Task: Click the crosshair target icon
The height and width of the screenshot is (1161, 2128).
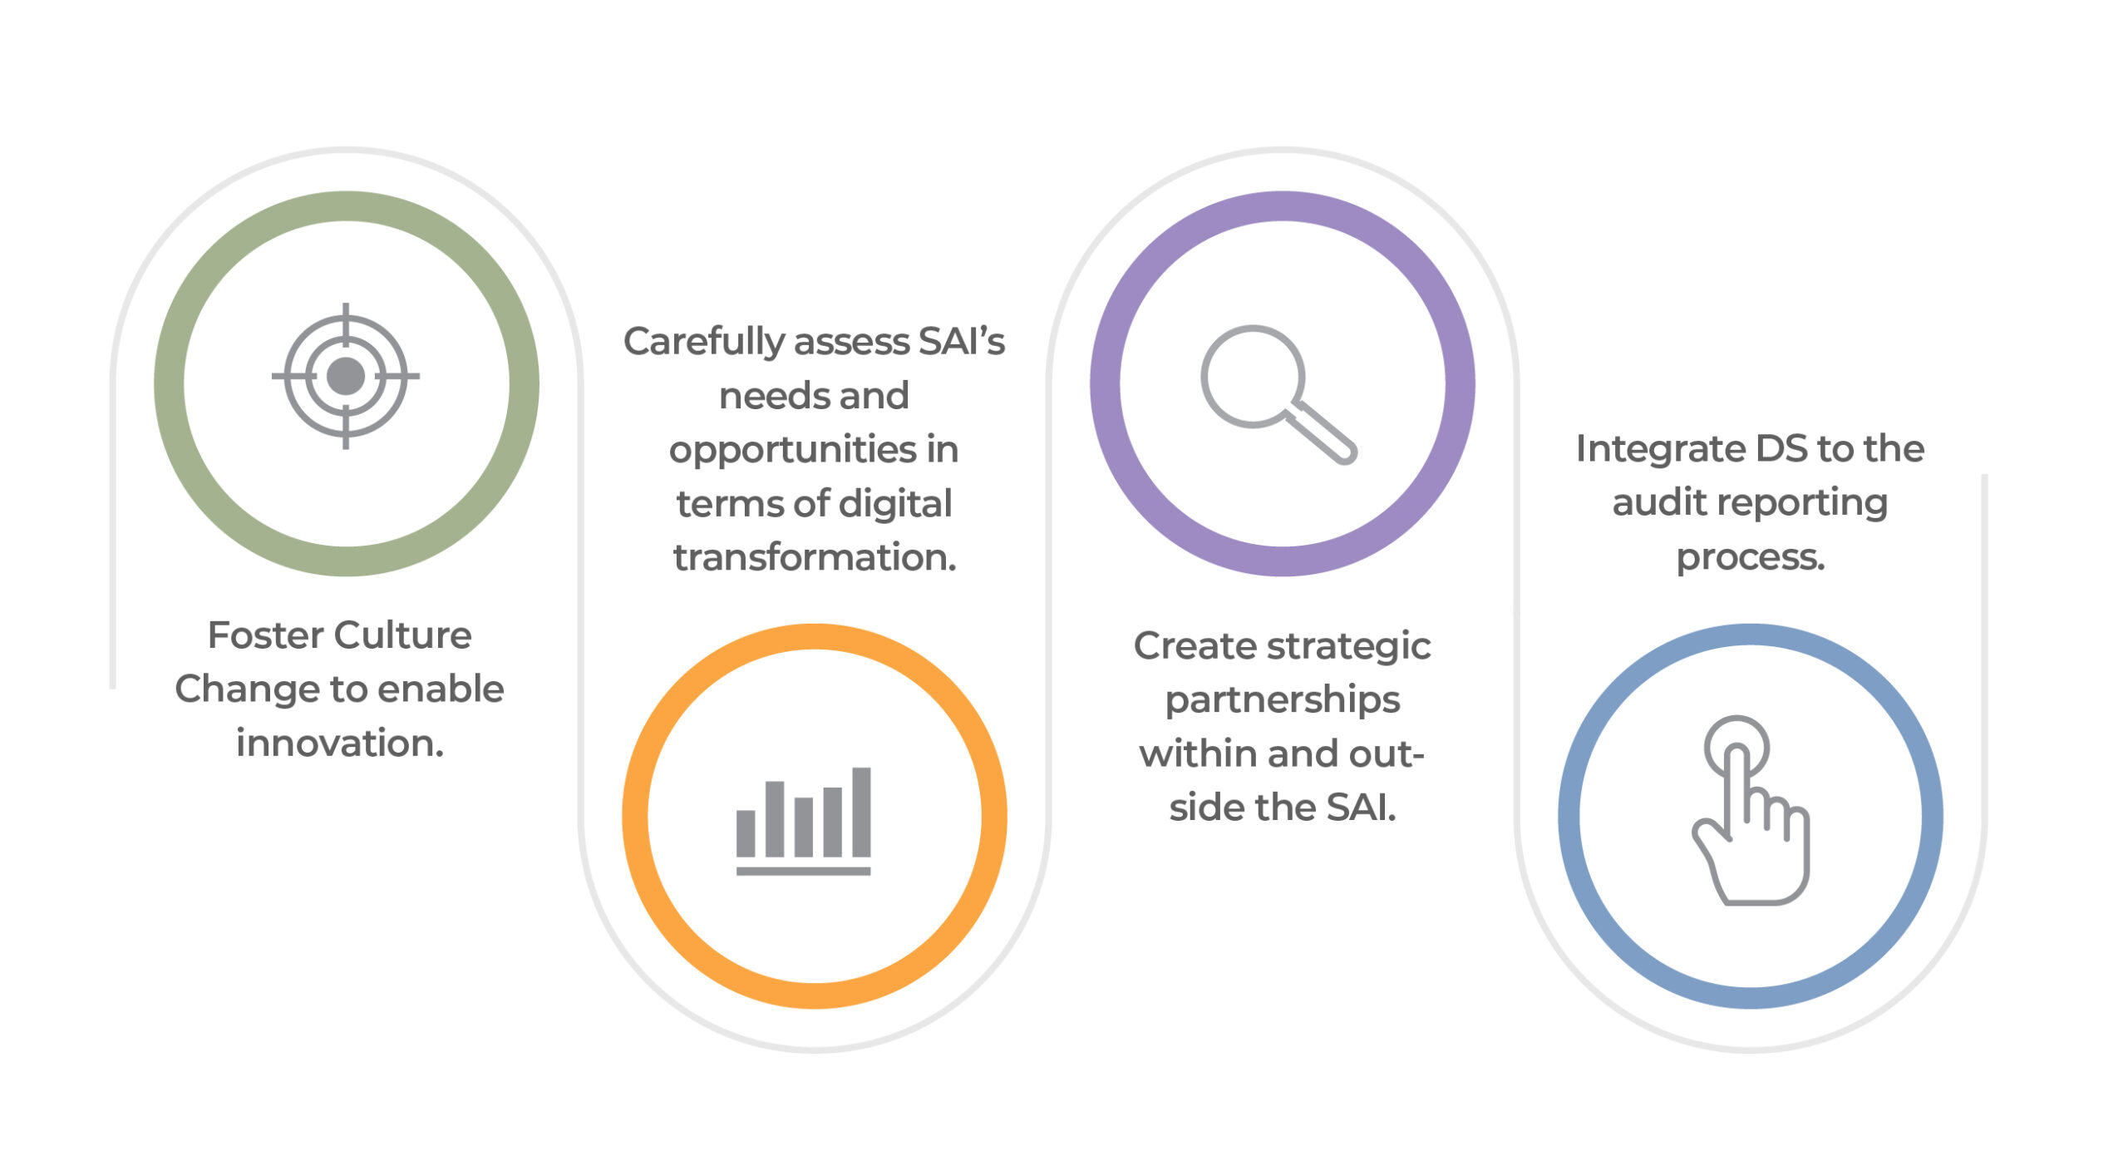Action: point(346,376)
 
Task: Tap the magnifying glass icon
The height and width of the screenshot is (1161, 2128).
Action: point(1278,394)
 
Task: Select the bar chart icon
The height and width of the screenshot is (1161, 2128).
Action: point(803,821)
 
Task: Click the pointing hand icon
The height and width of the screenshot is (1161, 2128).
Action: point(1751,809)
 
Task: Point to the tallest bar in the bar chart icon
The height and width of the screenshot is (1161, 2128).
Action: point(861,812)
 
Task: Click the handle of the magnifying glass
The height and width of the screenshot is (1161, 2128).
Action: point(1322,432)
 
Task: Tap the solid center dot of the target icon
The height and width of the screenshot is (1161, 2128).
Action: point(346,376)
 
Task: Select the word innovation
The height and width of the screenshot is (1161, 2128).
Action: point(340,743)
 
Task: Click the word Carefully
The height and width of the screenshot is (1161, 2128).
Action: point(703,343)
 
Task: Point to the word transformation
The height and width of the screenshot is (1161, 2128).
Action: point(815,557)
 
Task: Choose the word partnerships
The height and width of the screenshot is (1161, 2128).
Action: point(1283,701)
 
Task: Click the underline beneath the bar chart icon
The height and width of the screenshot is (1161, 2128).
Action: point(803,871)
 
